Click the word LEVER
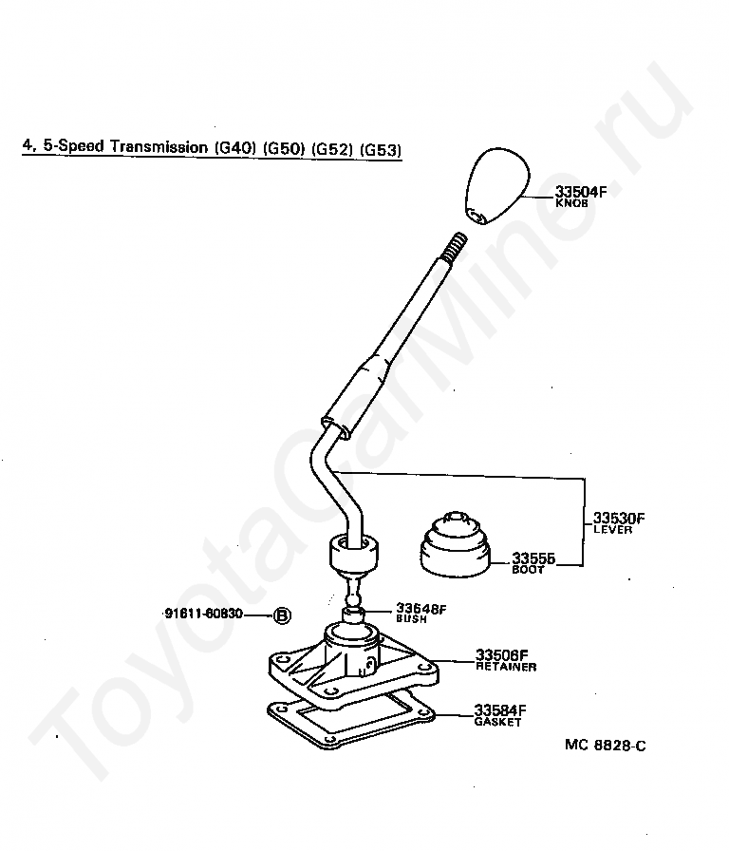pos(612,530)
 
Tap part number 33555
pos(533,558)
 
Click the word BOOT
pos(529,570)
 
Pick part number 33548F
pos(421,609)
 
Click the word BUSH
pos(411,619)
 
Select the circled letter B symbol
pos(282,615)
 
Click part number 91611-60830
pos(203,615)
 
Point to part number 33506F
pos(501,655)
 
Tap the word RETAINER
pos(505,667)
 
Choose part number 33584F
pos(500,710)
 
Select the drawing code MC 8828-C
pos(606,746)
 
